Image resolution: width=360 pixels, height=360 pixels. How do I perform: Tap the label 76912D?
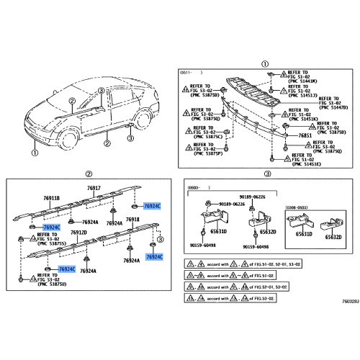(78, 234)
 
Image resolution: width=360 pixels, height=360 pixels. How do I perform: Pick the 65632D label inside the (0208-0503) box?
(333, 236)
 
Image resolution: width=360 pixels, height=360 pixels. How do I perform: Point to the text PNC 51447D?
(333, 107)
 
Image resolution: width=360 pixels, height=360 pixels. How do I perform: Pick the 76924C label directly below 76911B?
(51, 228)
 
